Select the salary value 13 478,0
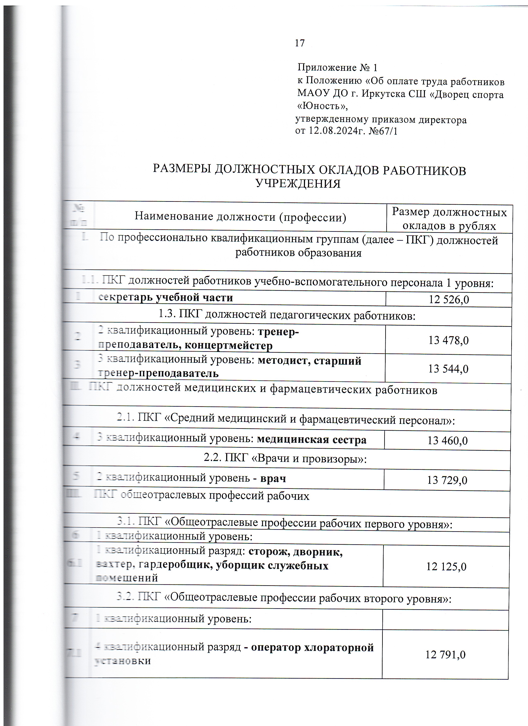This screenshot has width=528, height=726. coord(449,340)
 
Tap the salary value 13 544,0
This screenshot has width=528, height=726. coord(449,369)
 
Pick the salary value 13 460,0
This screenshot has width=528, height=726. coord(448,441)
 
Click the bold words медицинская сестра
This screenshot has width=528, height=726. coord(312,440)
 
